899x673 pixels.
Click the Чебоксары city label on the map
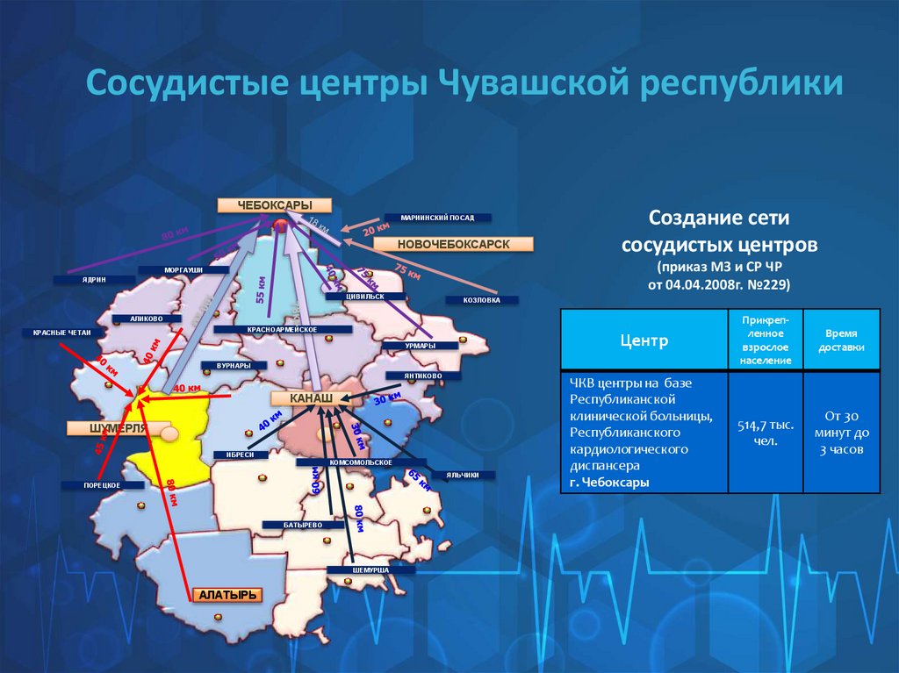click(275, 205)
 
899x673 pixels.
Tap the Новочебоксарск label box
click(453, 244)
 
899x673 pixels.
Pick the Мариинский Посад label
click(437, 217)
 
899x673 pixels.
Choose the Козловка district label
click(482, 300)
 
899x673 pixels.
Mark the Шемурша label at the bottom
click(357, 569)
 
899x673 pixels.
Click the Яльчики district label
click(462, 475)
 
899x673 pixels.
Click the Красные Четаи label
click(59, 333)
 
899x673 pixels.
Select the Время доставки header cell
click(841, 340)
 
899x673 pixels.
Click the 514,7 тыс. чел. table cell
click(766, 433)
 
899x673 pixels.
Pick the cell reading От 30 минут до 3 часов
click(841, 433)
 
